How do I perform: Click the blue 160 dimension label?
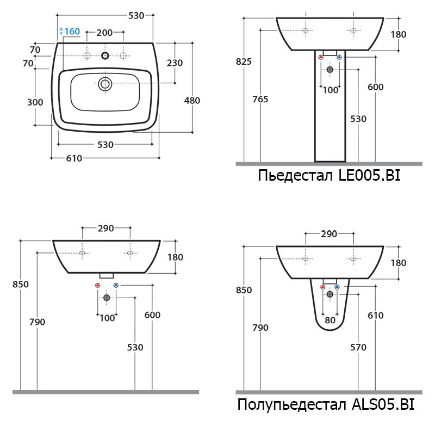coord(72,32)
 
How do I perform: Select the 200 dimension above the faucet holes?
coord(104,33)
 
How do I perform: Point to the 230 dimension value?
coord(175,63)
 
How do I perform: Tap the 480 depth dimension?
coord(192,101)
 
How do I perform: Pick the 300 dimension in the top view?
coord(35,102)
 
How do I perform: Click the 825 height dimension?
coord(244,61)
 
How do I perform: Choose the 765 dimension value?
coord(260,99)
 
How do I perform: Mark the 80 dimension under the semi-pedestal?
coord(330,321)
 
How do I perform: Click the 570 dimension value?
coord(358,347)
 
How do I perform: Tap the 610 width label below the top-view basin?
coord(74,158)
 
